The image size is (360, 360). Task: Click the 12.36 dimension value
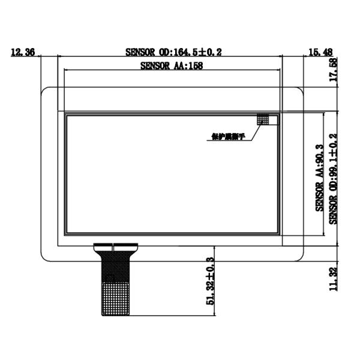(22, 53)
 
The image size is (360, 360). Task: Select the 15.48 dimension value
(319, 53)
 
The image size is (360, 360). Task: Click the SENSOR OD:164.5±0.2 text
(173, 53)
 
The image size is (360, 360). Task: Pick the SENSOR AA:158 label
(171, 67)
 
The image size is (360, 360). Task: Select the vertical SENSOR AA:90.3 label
(320, 178)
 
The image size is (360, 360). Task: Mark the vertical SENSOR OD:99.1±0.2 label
(334, 178)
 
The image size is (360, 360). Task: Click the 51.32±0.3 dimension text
(210, 283)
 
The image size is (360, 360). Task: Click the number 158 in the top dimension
(194, 67)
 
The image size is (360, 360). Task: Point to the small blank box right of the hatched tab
(274, 120)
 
